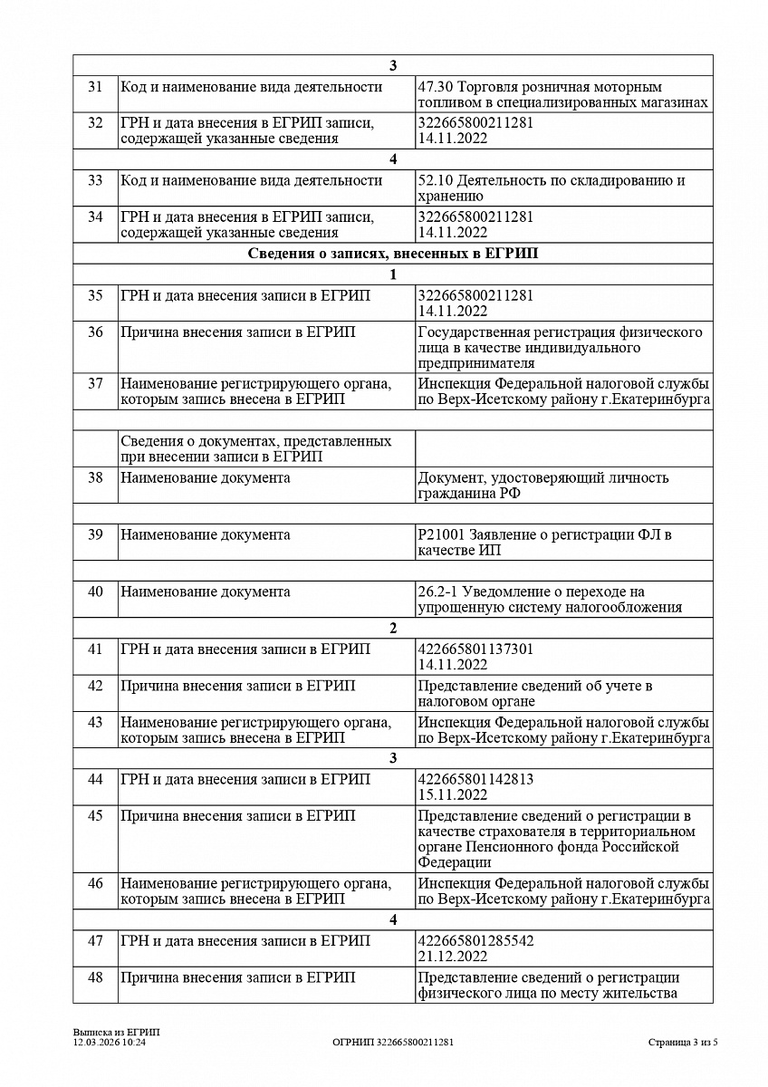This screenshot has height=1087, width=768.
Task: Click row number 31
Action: pos(95,87)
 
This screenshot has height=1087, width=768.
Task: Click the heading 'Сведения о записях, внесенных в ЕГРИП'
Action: pos(392,254)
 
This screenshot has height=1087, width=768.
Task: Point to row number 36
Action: pos(95,332)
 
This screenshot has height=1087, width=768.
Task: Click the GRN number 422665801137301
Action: pos(475,649)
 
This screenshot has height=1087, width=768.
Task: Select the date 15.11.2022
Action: pos(453,794)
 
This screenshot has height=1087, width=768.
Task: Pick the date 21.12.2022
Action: pos(453,957)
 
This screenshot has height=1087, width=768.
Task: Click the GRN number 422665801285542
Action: pos(475,940)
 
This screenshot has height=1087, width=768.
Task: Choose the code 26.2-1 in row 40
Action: pos(437,592)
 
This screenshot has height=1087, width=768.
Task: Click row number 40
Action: pos(95,592)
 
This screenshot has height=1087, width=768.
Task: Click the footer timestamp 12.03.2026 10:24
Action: pos(110,1043)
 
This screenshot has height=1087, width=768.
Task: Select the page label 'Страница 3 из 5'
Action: pos(683,1043)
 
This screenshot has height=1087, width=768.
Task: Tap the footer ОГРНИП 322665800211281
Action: pos(393,1043)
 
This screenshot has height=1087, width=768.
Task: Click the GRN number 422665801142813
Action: pos(475,778)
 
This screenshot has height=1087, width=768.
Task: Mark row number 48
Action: pos(95,977)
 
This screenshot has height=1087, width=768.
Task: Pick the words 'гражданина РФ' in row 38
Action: pos(469,494)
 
